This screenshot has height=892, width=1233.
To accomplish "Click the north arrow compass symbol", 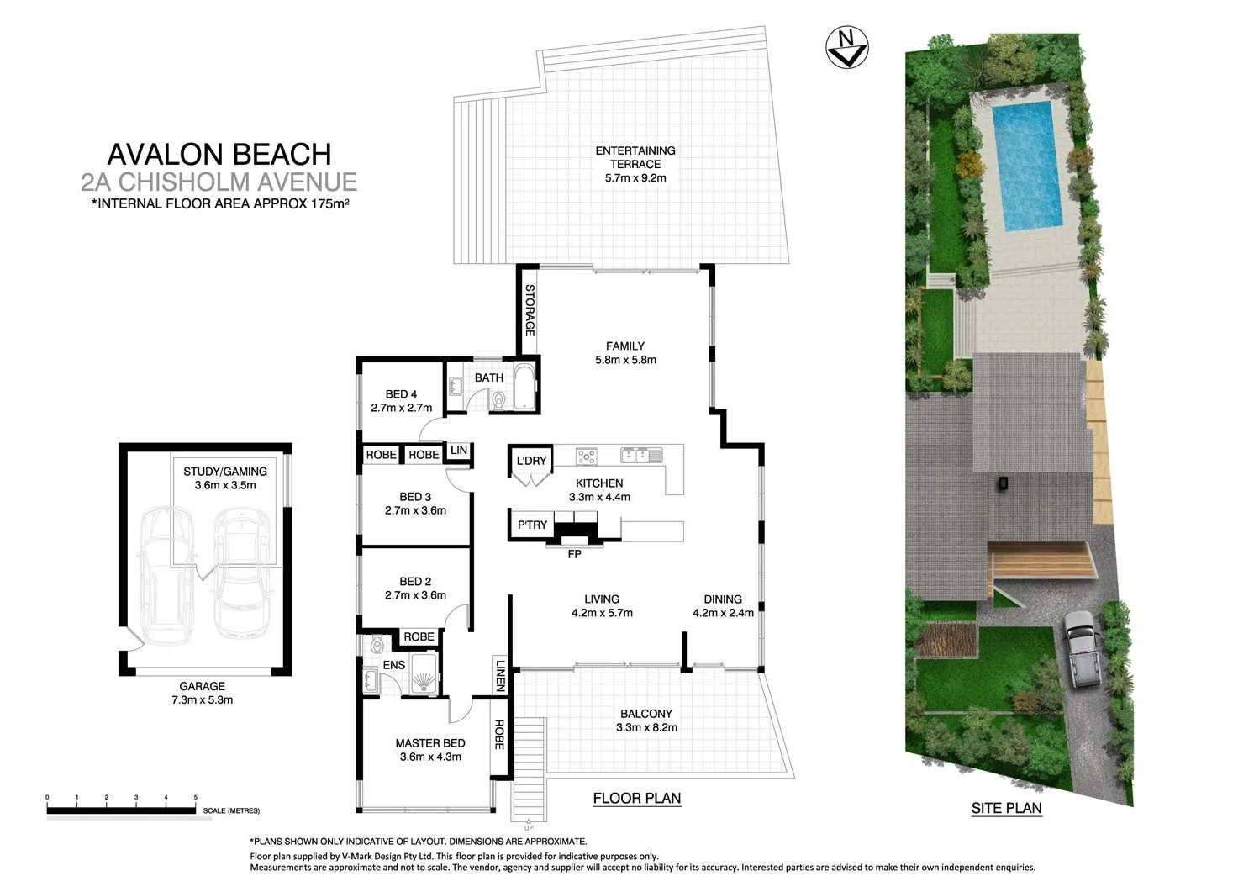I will pos(847,47).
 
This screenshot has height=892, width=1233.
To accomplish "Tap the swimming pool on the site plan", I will pos(1027,166).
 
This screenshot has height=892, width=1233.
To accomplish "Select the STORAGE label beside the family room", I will pos(530,310).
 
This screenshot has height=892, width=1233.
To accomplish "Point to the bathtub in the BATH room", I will pos(524,387).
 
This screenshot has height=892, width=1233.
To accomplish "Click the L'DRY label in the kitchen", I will pos(531,461).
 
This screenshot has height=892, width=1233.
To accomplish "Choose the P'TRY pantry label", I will pos(532,525).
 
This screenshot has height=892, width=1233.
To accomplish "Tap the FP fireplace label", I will pos(575,554).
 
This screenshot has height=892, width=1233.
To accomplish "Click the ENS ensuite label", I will pos(394,665).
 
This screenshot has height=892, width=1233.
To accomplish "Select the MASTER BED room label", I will pos(429,743).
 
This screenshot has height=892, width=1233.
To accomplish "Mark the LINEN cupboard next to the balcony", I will pos(500,675).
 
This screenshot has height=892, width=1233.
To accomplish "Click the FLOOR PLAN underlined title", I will pos(636,799).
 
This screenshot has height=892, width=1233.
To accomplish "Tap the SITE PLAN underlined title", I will pos(1006,809).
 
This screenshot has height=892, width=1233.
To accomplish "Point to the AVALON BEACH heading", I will pos(219,154).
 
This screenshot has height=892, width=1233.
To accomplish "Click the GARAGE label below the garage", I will pos(202,686).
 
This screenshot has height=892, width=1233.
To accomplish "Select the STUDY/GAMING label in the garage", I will pos(225,472).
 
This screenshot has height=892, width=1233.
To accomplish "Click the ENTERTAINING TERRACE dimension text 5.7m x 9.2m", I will pos(635,178).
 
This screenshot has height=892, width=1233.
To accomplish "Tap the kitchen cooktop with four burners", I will pos(586,457).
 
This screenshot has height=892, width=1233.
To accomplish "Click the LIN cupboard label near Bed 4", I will pos(459,451).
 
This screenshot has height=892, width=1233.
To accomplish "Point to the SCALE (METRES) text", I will pos(231,811).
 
